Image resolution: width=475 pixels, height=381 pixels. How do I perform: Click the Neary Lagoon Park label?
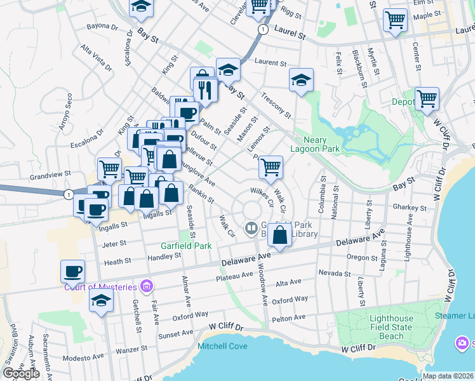coord(315,144)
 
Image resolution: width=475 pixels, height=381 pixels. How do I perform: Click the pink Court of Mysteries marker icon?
coord(147,286)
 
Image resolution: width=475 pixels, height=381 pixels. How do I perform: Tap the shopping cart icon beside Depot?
coord(427,99)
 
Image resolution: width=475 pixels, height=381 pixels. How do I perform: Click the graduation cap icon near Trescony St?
coord(302,80)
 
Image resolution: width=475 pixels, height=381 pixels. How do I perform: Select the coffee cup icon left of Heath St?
coord(72,271)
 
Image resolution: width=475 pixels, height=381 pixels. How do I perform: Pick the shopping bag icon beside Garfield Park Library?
coord(279,234)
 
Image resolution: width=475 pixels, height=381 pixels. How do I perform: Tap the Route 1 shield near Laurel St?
coord(262,29)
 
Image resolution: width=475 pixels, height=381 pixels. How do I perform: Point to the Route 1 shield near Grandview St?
coord(68,194)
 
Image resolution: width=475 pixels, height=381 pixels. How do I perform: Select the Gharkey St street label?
coord(409,208)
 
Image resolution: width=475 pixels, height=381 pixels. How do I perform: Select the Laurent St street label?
coord(271,62)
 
